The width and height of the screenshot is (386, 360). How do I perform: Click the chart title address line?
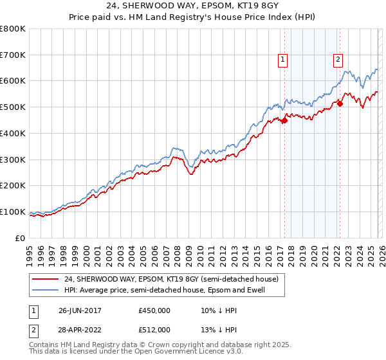tap(193, 6)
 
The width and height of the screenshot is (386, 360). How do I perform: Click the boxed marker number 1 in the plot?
tap(282, 60)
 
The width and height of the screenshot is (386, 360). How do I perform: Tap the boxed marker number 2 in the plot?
tap(338, 60)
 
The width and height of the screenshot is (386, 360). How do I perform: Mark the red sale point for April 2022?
tap(340, 104)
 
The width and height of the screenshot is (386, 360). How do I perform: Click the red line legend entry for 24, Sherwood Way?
tap(171, 280)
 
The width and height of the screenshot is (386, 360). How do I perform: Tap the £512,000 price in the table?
tap(154, 330)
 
